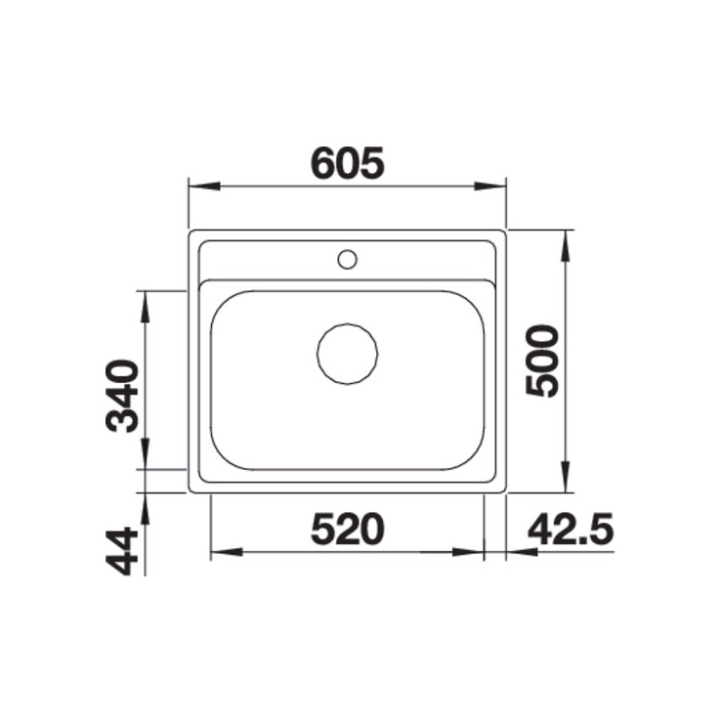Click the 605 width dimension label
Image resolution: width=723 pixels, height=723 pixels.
pos(347,163)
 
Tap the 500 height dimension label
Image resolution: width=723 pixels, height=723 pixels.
pos(542,361)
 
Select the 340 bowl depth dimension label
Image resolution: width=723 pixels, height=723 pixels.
pos(122,396)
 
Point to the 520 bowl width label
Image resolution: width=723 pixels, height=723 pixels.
pos(348,529)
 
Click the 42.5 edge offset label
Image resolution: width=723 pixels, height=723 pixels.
pos(571,529)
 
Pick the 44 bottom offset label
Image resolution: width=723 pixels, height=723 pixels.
pos(122,552)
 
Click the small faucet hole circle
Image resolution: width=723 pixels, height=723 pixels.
pos(347,260)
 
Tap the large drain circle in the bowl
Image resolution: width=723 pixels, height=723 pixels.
pos(347,354)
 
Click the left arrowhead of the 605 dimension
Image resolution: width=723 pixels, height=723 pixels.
pos(204,186)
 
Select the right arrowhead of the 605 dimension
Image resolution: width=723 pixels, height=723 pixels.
pos(490,186)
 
